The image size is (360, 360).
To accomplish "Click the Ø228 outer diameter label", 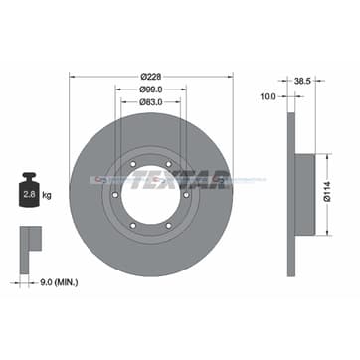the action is point(151,77).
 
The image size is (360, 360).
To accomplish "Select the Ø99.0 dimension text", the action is point(151,90).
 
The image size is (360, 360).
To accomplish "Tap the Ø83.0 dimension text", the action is point(151,102).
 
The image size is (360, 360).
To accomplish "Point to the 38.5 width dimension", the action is point(301,81).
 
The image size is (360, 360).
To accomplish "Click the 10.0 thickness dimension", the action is point(269,96).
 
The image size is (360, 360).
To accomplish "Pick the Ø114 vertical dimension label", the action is point(327,194).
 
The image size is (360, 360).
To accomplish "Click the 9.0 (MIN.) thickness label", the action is point(59,282).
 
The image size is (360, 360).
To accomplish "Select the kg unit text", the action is point(47,195).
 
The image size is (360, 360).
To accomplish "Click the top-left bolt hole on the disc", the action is point(133,164).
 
